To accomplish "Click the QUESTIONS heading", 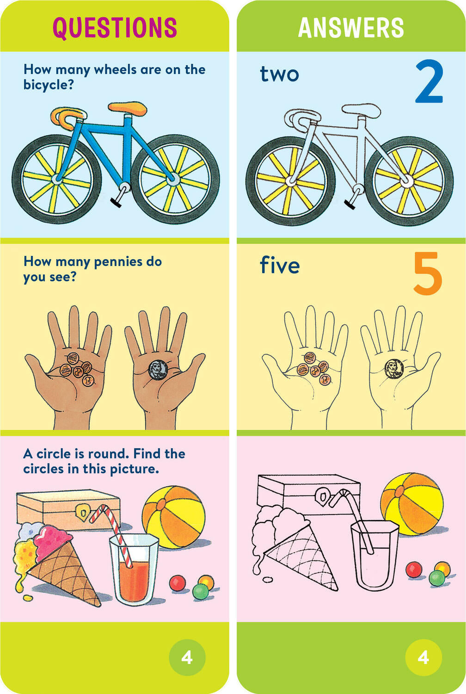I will point(115,27).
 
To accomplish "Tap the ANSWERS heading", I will point(351,27).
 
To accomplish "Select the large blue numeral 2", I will point(429,82).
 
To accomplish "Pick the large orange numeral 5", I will point(428,273).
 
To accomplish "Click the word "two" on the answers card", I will point(279,74).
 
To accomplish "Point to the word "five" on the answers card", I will point(280,265).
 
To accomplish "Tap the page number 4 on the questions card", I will point(187,657).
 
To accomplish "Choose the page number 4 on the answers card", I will point(423,657).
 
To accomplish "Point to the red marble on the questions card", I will point(177,583).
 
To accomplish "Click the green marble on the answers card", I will point(437,578).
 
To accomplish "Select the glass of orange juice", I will point(134,569).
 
